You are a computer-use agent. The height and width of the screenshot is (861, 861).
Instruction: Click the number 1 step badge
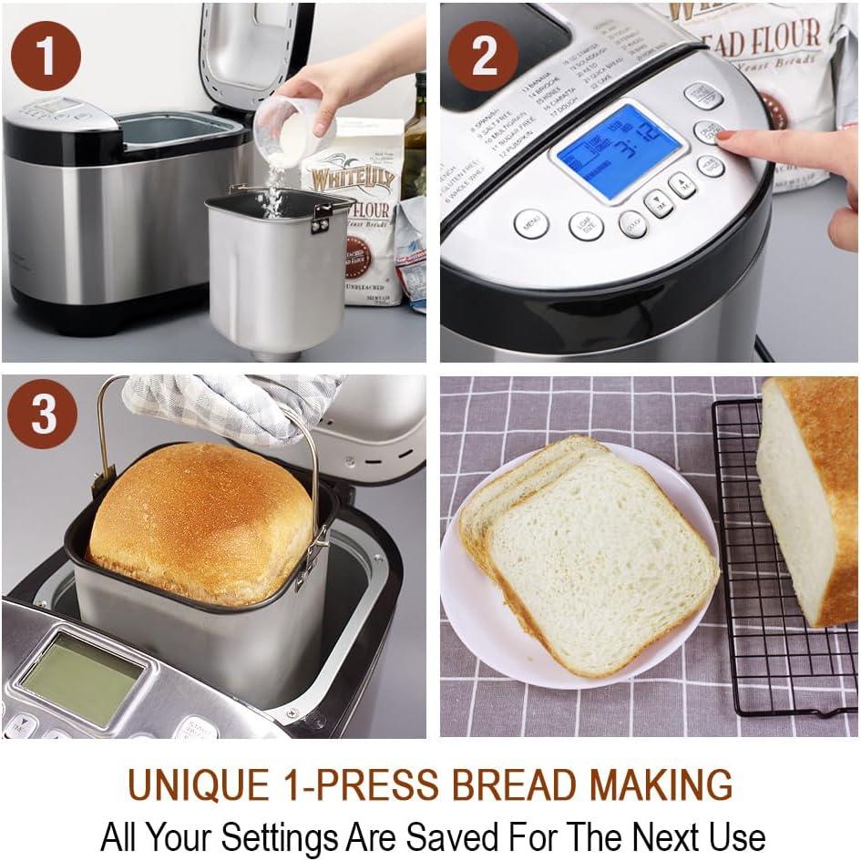click(46, 55)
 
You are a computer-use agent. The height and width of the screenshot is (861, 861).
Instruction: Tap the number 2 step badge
click(483, 55)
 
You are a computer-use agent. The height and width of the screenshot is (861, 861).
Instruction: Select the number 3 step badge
click(43, 416)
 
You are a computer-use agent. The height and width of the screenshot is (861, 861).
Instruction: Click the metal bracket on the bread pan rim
click(320, 217)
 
